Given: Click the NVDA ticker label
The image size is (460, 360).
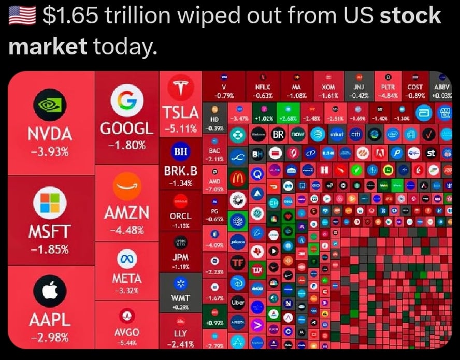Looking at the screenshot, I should click(x=50, y=134).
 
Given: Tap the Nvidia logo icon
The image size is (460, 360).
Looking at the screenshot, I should click(x=50, y=106).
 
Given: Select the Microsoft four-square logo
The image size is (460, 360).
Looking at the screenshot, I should click(x=50, y=203).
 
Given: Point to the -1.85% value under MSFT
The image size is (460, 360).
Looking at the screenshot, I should click(x=50, y=249).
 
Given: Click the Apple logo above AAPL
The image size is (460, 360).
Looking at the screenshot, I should click(x=50, y=292).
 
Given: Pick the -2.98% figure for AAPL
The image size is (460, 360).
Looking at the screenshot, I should click(x=50, y=338).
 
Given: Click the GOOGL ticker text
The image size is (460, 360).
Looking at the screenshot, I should click(x=127, y=128).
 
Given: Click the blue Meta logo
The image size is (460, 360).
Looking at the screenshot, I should click(x=127, y=258).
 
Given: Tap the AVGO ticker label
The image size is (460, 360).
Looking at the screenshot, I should click(x=127, y=332).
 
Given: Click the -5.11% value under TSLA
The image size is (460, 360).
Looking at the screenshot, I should click(x=180, y=128).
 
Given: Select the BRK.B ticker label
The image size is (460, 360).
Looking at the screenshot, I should click(x=180, y=170).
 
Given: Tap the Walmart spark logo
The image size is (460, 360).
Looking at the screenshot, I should click(x=180, y=283).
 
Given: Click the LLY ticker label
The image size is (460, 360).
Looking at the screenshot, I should click(x=180, y=333).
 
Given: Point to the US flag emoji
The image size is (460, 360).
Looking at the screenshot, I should click(x=22, y=16).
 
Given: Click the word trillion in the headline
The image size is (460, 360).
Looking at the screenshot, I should click(x=138, y=16).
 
